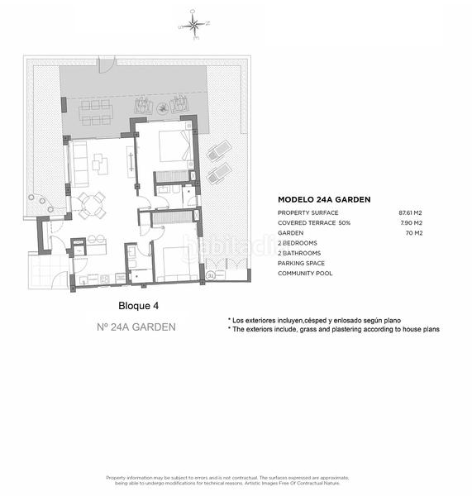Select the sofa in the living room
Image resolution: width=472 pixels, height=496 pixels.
[x=80, y=163]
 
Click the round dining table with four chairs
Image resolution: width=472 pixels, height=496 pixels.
[x=92, y=204]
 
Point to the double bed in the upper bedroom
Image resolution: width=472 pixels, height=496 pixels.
[x=176, y=146]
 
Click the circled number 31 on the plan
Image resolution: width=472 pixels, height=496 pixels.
[x=211, y=274]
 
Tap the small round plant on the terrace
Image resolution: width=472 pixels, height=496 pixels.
[x=36, y=199]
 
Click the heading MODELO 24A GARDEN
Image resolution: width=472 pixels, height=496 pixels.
[x=323, y=199]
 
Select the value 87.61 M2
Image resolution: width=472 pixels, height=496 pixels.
[x=410, y=213]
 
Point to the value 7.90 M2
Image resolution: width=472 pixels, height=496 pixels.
[x=412, y=223]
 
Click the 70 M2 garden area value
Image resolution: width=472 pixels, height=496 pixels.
[x=414, y=233]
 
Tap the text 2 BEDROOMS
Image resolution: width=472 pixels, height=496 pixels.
[x=299, y=243]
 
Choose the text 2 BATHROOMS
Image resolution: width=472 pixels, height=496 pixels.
[x=301, y=253]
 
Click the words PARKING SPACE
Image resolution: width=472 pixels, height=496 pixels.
[x=303, y=263]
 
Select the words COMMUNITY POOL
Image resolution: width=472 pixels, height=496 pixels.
[x=305, y=273]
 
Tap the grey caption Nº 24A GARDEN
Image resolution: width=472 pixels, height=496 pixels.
[x=136, y=327]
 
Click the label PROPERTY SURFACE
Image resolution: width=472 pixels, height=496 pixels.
[x=308, y=213]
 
